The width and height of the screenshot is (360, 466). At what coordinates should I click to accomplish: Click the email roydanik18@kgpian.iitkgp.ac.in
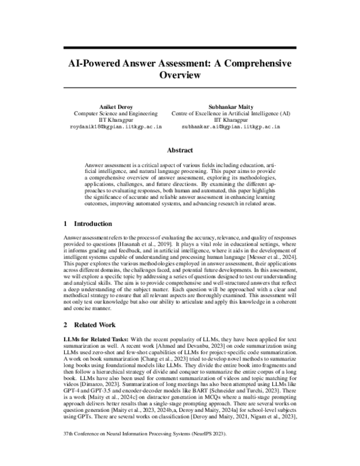pyautogui.click(x=116, y=128)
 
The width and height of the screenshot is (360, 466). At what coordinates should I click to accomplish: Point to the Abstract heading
pyautogui.click(x=180, y=151)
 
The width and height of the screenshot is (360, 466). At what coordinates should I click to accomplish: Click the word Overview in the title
pyautogui.click(x=180, y=76)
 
